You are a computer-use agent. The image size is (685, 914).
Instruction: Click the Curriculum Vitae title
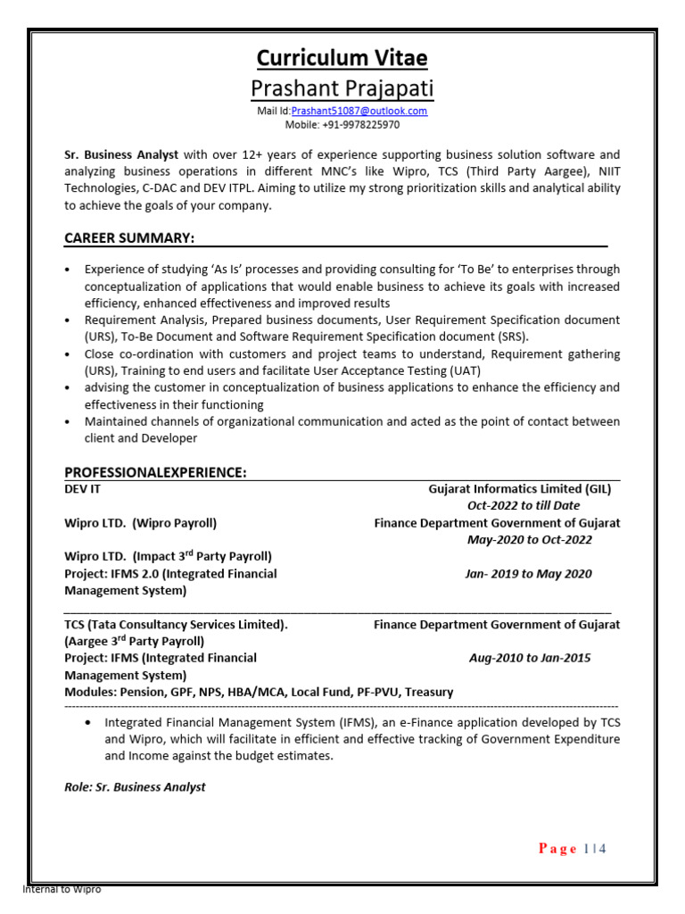tap(342, 58)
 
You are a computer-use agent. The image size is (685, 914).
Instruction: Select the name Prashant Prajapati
tap(342, 89)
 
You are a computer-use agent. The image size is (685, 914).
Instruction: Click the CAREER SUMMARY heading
tap(129, 237)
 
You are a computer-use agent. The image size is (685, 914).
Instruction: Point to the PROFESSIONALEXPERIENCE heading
tap(155, 471)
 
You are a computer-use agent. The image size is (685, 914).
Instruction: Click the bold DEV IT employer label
tap(83, 489)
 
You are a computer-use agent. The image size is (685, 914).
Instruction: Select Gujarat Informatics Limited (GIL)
tap(519, 489)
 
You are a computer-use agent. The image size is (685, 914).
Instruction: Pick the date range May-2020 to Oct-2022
tap(529, 539)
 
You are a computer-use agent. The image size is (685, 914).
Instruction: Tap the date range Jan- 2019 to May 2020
tap(528, 573)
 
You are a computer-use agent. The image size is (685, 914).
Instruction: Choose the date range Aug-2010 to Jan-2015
tap(529, 658)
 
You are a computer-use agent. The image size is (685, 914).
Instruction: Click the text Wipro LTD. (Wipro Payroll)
tap(140, 523)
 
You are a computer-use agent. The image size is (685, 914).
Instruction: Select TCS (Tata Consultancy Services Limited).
tap(176, 625)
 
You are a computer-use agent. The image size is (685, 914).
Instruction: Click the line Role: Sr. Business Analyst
tap(135, 786)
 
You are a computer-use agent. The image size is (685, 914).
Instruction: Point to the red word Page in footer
tap(558, 849)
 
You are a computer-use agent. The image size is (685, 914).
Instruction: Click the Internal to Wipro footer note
tap(62, 890)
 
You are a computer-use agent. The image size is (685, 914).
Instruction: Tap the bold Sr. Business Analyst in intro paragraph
tap(121, 154)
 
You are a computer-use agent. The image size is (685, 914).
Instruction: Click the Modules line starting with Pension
tap(259, 692)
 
